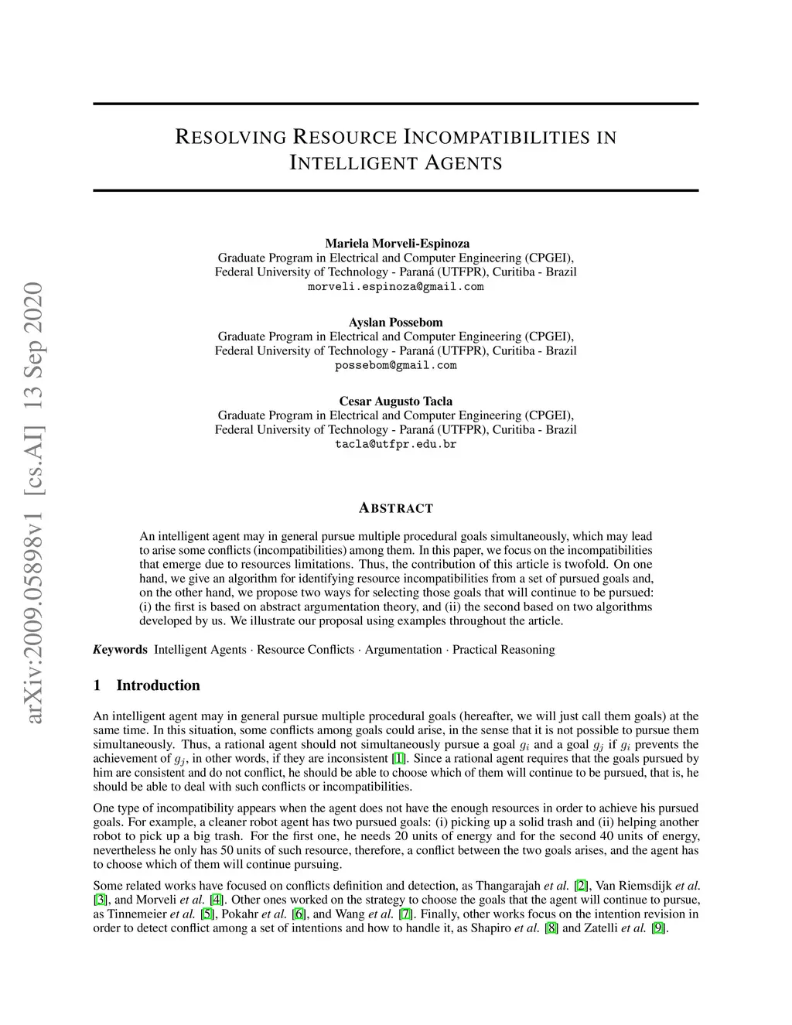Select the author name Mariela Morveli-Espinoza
click(x=396, y=243)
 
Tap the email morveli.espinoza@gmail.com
click(x=396, y=286)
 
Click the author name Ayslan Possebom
click(x=396, y=322)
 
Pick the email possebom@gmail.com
click(x=396, y=365)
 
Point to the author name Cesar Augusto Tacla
click(x=396, y=401)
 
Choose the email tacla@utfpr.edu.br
click(x=396, y=444)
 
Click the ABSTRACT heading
click(x=396, y=508)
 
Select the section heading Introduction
click(x=158, y=685)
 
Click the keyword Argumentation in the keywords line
click(x=403, y=649)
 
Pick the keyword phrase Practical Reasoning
click(x=504, y=649)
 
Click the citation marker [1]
click(x=398, y=758)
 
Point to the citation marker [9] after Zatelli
click(x=658, y=928)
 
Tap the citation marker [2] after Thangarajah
click(x=581, y=886)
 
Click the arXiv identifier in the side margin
click(x=35, y=503)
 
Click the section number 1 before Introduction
click(x=97, y=685)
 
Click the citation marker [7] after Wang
click(x=405, y=914)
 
